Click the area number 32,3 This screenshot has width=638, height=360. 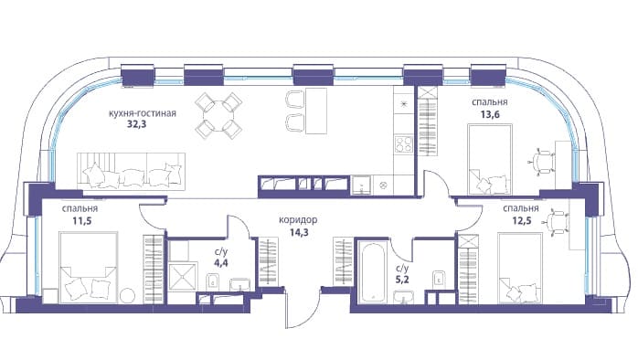(x=136, y=124)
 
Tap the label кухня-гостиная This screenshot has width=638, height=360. (x=143, y=113)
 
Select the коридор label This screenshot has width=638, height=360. (x=298, y=220)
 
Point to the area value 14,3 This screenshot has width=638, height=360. (x=299, y=233)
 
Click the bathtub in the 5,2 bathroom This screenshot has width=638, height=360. (x=373, y=272)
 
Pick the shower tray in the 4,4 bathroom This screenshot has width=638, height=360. (x=183, y=277)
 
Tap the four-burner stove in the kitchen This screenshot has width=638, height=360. (x=404, y=144)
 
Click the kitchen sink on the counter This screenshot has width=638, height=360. (x=361, y=185)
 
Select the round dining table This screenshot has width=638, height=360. (x=218, y=116)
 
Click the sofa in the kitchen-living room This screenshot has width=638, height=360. (x=131, y=171)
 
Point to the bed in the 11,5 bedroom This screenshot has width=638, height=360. (x=89, y=267)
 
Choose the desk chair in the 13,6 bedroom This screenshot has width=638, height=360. (x=543, y=162)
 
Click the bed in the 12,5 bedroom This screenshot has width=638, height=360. (x=520, y=268)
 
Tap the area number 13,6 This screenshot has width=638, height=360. (x=490, y=114)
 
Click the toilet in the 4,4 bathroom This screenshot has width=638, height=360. (x=212, y=281)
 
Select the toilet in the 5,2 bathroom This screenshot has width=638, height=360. (x=439, y=279)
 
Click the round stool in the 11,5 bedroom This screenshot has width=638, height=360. (x=128, y=295)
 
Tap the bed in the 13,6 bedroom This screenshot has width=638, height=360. (x=490, y=159)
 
